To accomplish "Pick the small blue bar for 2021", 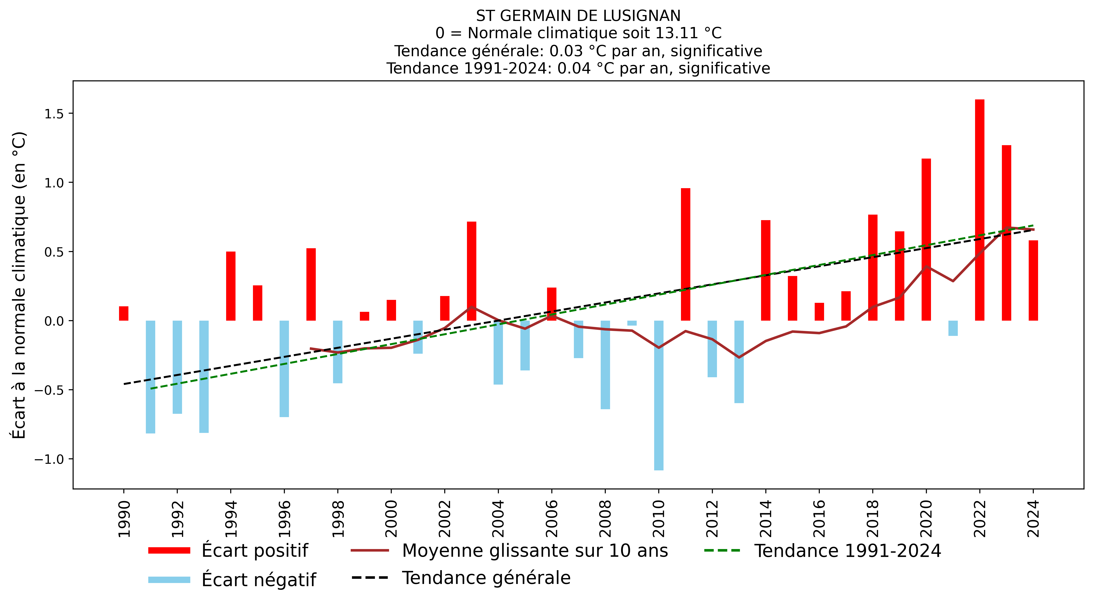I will click(x=953, y=328).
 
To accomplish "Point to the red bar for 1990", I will click(x=123, y=313).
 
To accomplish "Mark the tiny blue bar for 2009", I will click(x=632, y=323).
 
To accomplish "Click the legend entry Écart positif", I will click(x=255, y=550).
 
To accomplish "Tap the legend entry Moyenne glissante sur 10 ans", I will click(x=535, y=550).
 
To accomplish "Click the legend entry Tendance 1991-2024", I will click(x=847, y=550).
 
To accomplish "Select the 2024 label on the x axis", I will click(x=1033, y=519).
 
